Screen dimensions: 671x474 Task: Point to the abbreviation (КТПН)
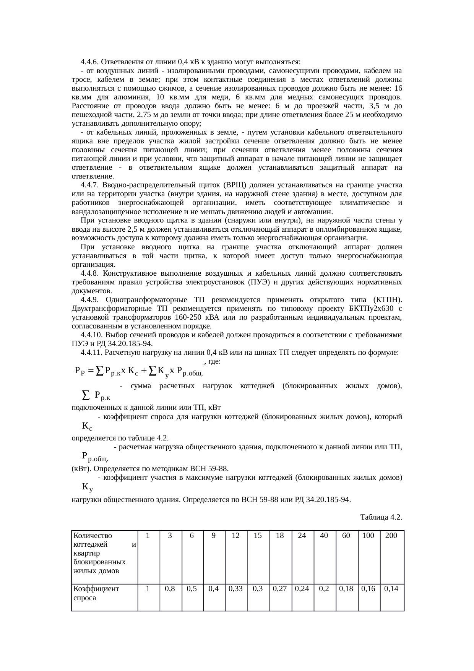386,299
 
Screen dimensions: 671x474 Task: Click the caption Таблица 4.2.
381,517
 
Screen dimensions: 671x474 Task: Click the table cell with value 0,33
236,589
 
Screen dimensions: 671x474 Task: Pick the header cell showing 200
391,536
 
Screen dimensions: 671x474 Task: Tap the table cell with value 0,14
391,589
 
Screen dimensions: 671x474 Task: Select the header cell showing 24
302,536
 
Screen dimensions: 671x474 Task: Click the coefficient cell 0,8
170,589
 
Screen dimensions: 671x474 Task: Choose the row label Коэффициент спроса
96,593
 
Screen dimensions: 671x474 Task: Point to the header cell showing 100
368,536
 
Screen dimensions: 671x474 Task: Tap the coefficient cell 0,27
280,589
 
